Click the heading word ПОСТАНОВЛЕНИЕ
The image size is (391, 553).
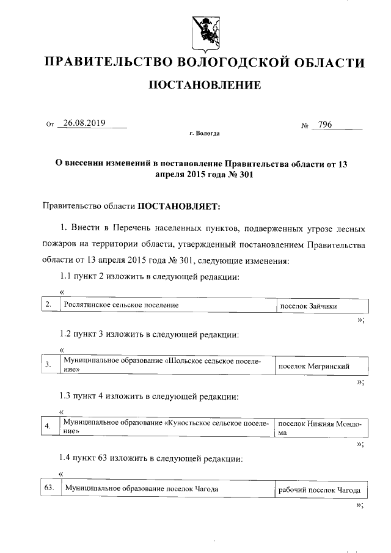pos(205,84)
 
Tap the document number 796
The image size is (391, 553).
pos(324,125)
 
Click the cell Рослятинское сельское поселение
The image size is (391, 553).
pos(122,305)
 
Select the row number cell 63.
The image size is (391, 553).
pos(50,488)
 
